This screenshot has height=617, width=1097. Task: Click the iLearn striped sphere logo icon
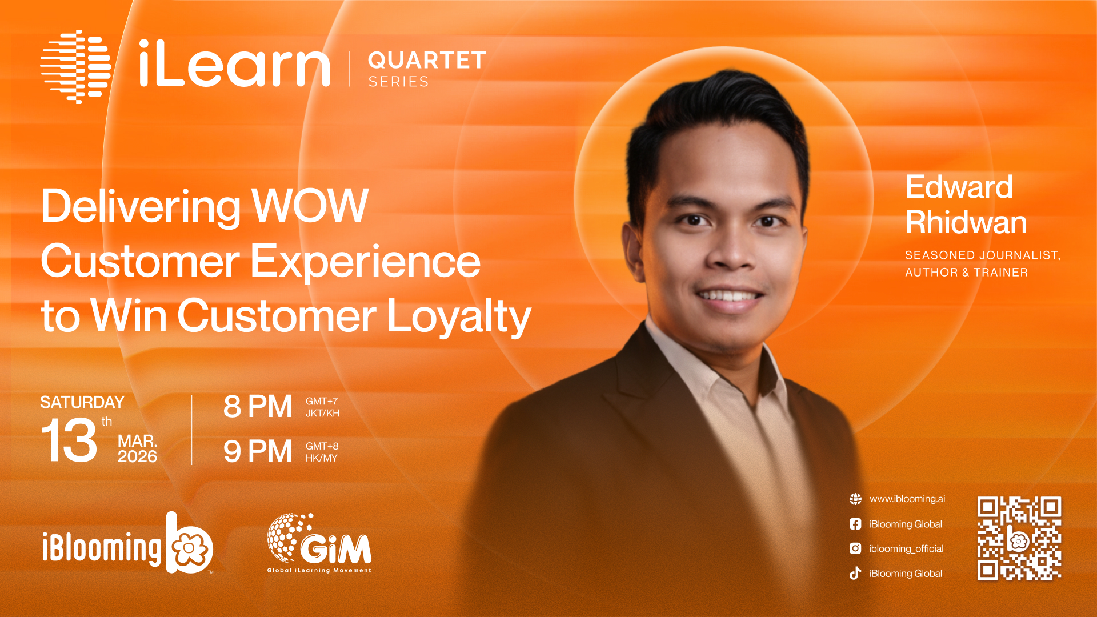point(76,66)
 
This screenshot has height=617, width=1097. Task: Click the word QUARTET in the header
point(427,60)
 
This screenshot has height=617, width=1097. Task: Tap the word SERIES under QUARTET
point(398,82)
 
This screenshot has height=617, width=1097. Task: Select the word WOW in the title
point(310,205)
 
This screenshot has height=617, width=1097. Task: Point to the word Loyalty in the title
point(459,316)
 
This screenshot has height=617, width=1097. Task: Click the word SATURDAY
point(82,402)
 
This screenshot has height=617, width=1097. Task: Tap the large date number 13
point(69,440)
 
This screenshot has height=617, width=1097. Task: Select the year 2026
point(137,456)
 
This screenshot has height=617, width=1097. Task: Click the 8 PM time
point(258,407)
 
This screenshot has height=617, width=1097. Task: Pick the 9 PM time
point(258,451)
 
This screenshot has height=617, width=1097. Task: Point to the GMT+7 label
point(322,401)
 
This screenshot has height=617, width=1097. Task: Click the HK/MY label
point(321,458)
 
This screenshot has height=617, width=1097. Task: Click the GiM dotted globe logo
point(289,537)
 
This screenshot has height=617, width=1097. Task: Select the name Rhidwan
point(966,222)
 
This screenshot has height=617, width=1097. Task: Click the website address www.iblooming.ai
point(907,499)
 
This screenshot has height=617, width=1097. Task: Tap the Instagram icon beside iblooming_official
point(855,548)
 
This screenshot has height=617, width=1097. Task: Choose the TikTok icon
point(855,573)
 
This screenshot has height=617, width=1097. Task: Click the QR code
point(1019,538)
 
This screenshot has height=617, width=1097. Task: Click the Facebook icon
point(855,524)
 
